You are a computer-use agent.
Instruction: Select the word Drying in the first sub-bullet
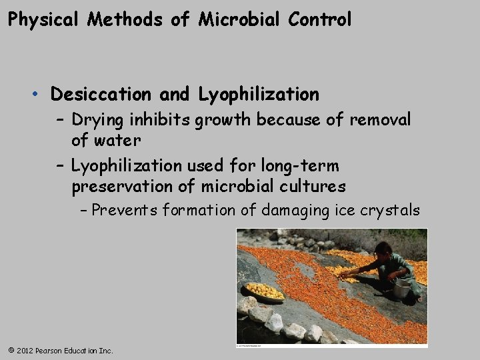[x=97, y=120]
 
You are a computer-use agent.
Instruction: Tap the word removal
[x=380, y=120]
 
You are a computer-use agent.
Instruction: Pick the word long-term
[x=303, y=165]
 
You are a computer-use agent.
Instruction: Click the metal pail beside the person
[x=401, y=289]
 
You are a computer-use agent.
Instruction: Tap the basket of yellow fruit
[x=265, y=291]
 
